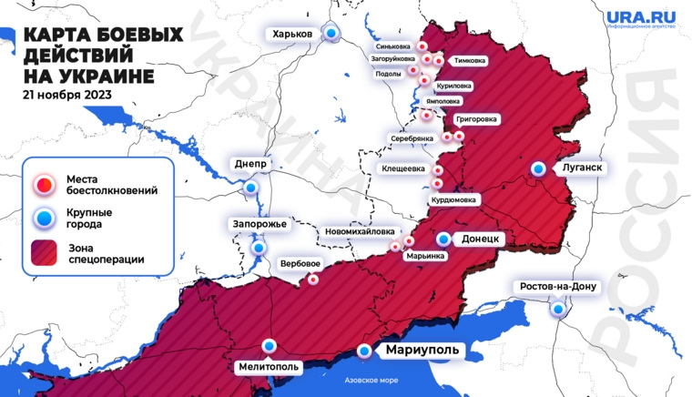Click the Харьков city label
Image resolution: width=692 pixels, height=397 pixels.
(291, 34)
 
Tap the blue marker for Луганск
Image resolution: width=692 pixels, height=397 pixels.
(540, 168)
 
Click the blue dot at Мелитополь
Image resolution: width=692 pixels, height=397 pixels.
(269, 346)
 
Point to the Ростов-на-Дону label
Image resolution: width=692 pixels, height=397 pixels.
(557, 287)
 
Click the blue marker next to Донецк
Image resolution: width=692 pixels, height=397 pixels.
(443, 239)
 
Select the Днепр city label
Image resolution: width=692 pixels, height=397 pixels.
(250, 164)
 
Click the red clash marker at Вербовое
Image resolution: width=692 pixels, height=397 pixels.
(313, 280)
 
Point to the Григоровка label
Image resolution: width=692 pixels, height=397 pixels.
(475, 118)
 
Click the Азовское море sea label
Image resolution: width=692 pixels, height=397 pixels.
(371, 382)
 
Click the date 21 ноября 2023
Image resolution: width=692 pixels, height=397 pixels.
(68, 94)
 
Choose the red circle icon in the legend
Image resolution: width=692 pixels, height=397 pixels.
(44, 185)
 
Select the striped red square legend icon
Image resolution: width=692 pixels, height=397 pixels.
(44, 252)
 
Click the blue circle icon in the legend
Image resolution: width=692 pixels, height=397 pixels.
(44, 219)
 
